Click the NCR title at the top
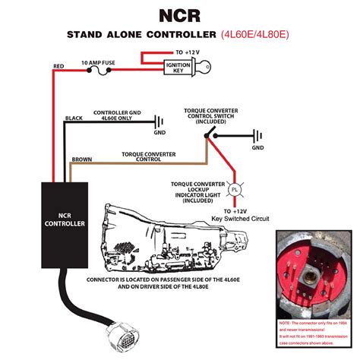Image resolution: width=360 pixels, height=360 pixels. coord(179,15)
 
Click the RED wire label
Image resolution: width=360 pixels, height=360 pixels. coord(58,66)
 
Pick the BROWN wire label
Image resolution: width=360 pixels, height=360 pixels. coord(81,160)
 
